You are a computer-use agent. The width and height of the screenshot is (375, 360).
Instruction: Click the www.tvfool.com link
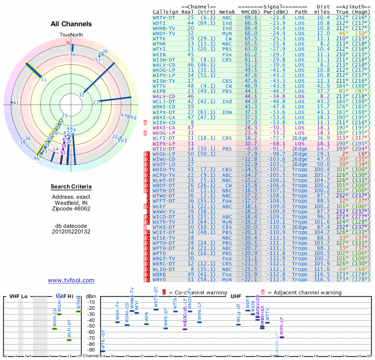click(x=71, y=280)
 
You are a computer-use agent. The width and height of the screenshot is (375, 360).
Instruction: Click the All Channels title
click(x=71, y=24)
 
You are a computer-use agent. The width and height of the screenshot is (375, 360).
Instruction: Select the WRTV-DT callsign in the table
click(x=164, y=17)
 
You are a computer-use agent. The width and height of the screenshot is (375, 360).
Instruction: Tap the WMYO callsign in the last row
click(x=161, y=280)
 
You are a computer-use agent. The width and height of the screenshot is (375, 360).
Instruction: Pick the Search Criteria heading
click(x=71, y=187)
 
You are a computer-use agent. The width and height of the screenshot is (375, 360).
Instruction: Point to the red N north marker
click(x=67, y=43)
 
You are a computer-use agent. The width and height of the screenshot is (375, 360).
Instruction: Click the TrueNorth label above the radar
click(x=71, y=35)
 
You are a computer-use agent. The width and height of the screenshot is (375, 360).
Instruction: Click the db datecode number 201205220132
click(x=71, y=231)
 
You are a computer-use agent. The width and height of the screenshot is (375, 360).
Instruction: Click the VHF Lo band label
click(x=18, y=296)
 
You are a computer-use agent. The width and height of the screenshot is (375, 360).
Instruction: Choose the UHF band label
click(x=235, y=296)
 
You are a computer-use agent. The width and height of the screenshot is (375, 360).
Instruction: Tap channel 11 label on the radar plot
click(x=43, y=80)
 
